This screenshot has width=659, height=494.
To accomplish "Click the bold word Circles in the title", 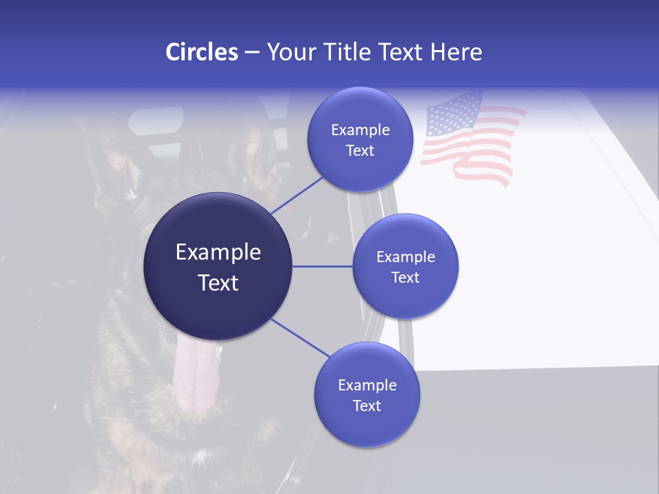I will tap(202, 52).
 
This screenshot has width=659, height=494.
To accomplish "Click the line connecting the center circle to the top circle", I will tap(297, 196).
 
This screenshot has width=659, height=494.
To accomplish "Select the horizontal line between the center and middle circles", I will tap(323, 266).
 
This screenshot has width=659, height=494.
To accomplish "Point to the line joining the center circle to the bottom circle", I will tap(301, 338).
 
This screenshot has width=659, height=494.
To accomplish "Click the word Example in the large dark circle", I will tap(218, 252).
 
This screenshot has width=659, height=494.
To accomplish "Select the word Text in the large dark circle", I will tap(218, 283).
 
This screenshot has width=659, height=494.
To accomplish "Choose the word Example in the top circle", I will tap(360, 130).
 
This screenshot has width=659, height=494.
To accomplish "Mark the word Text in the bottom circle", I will tap(367, 405).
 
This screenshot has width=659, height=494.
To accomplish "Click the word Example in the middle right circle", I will tap(406, 257).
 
